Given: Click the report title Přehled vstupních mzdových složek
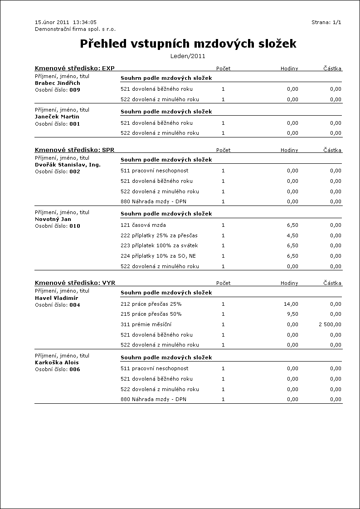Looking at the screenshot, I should click(188, 44).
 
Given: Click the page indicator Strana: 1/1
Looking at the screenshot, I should click(326, 22).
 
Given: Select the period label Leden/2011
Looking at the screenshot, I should click(188, 56).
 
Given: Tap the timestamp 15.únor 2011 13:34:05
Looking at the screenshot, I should click(65, 22).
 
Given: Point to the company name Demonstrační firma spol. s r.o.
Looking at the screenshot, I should click(75, 29).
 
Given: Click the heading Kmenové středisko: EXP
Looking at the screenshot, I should click(74, 69).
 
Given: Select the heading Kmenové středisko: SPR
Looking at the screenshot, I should click(74, 150).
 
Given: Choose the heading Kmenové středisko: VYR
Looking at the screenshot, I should click(75, 283).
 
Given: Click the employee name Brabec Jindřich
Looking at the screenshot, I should click(57, 83).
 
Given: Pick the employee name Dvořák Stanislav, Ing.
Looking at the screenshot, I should click(68, 165).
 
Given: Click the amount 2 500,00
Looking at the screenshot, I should click(330, 324).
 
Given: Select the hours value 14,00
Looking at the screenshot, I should click(291, 304).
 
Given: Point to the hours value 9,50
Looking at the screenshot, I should click(292, 314).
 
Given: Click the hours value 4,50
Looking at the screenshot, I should click(292, 235).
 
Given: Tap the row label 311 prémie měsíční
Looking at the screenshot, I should click(146, 324).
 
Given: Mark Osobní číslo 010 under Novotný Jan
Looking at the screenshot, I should click(58, 226).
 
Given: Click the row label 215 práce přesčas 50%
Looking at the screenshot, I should click(151, 314).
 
